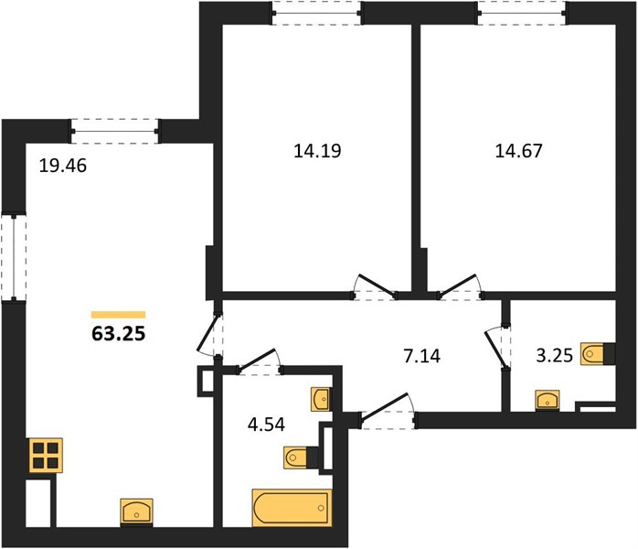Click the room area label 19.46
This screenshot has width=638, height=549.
point(63,166)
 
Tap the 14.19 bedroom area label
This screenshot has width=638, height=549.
point(317,151)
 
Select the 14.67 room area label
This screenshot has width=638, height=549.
point(518,151)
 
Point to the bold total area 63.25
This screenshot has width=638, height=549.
point(119,334)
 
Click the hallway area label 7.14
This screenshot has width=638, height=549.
point(421,356)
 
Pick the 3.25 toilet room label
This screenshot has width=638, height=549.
point(554,356)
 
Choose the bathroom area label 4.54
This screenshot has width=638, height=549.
point(266,425)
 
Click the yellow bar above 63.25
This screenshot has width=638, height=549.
point(119,315)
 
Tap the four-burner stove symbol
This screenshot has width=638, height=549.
point(46,456)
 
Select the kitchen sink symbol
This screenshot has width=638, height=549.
point(137,511)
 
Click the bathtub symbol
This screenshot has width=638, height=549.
point(292,508)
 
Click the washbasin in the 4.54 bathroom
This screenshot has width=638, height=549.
point(322,399)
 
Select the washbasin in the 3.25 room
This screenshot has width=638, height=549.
point(548,401)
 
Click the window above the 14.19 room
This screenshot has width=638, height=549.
point(317,13)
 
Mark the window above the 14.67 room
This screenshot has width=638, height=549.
point(523,13)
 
